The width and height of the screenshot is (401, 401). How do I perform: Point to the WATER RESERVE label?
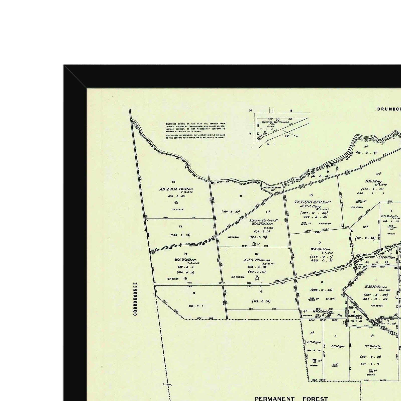[x=272, y=187]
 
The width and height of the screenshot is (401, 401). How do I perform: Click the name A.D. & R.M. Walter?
[x=176, y=189]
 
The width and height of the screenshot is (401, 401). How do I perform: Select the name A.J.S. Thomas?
[x=257, y=260]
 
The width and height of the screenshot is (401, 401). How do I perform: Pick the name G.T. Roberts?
[x=372, y=346]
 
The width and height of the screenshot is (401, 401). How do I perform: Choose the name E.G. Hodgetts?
[x=389, y=216]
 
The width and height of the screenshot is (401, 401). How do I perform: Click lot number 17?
[x=194, y=293]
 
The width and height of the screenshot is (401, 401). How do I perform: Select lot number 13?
[x=180, y=227]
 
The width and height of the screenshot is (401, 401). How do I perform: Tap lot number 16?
[x=261, y=291]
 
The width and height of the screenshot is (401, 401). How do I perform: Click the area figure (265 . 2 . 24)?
[x=180, y=235]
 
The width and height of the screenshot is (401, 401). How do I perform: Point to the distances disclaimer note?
[x=195, y=131]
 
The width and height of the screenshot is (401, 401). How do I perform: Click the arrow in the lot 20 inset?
[x=290, y=133]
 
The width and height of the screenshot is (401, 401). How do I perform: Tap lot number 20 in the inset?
[x=277, y=120]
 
